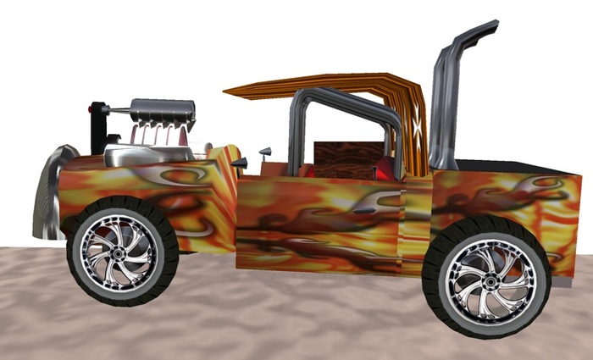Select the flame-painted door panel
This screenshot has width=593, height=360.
(x=318, y=220)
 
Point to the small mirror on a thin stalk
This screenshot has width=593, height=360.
(x=265, y=152)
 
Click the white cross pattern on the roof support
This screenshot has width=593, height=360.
(x=416, y=127)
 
